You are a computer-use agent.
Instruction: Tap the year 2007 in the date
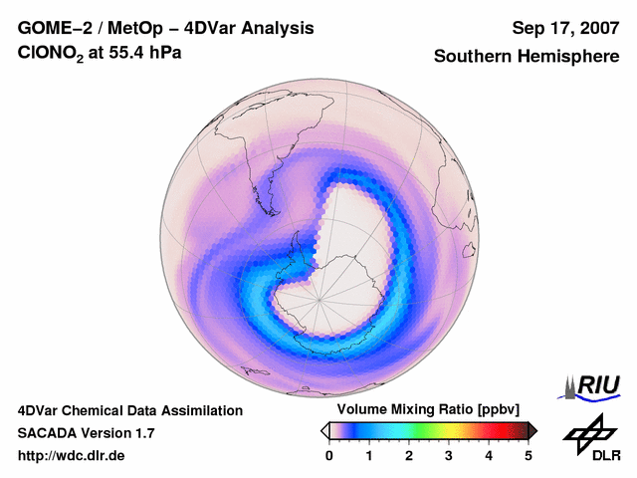pos(598,28)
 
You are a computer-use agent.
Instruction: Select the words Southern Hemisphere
pos(526,57)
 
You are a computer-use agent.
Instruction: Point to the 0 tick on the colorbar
pos(329,455)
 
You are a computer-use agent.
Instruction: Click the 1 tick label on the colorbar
pos(369,455)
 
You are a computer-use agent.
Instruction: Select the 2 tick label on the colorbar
pos(409,455)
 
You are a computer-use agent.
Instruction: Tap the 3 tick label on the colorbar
pos(449,455)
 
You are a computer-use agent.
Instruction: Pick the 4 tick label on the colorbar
pos(489,455)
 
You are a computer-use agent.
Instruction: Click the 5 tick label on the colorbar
pos(529,455)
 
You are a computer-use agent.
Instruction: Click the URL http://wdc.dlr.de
pos(71,456)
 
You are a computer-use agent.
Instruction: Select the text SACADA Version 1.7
pos(86,433)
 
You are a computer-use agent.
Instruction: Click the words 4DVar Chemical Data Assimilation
pos(129,410)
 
